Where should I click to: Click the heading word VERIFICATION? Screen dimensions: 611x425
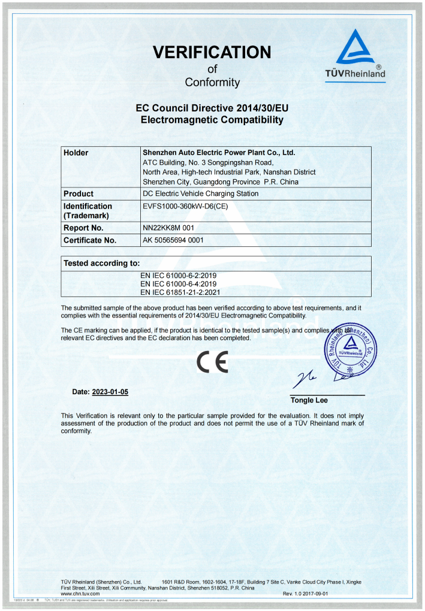click(x=212, y=52)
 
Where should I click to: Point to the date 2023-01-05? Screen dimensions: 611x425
click(x=110, y=392)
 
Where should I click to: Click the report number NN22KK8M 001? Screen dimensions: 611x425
click(x=168, y=228)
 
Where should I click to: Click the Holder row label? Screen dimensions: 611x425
click(x=76, y=153)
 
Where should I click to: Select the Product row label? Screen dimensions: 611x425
click(x=79, y=193)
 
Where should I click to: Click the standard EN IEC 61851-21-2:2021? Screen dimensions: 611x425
click(x=180, y=292)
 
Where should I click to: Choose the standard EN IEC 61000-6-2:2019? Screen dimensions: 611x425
click(x=178, y=275)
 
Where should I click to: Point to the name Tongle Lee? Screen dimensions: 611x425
click(x=309, y=400)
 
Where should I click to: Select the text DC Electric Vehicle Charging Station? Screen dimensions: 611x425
click(x=201, y=193)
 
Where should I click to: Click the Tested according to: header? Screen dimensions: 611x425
click(x=102, y=262)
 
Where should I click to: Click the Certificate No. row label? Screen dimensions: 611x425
click(x=90, y=240)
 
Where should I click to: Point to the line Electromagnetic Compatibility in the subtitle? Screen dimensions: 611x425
click(x=212, y=120)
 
